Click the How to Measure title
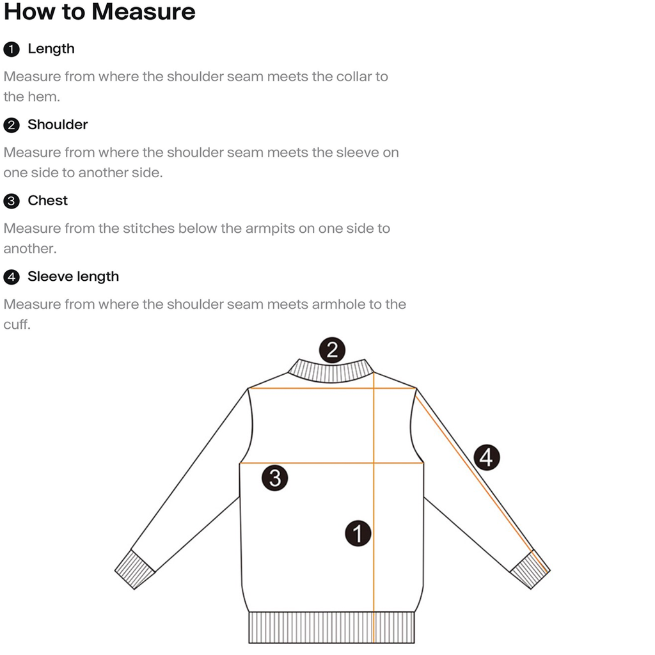[x=99, y=12]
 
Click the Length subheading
[x=51, y=49]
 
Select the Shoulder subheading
[x=58, y=125]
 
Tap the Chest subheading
[x=47, y=201]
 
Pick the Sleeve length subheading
[x=73, y=277]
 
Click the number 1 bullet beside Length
[x=12, y=49]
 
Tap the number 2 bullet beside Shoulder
[x=12, y=125]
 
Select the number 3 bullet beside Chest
[x=12, y=201]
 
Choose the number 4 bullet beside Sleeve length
[x=12, y=278]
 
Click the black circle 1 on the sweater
[x=358, y=533]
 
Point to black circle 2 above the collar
[x=332, y=350]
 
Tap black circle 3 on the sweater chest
[x=275, y=478]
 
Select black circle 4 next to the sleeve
[x=487, y=458]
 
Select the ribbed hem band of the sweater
[x=331, y=627]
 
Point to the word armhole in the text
[x=336, y=304]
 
